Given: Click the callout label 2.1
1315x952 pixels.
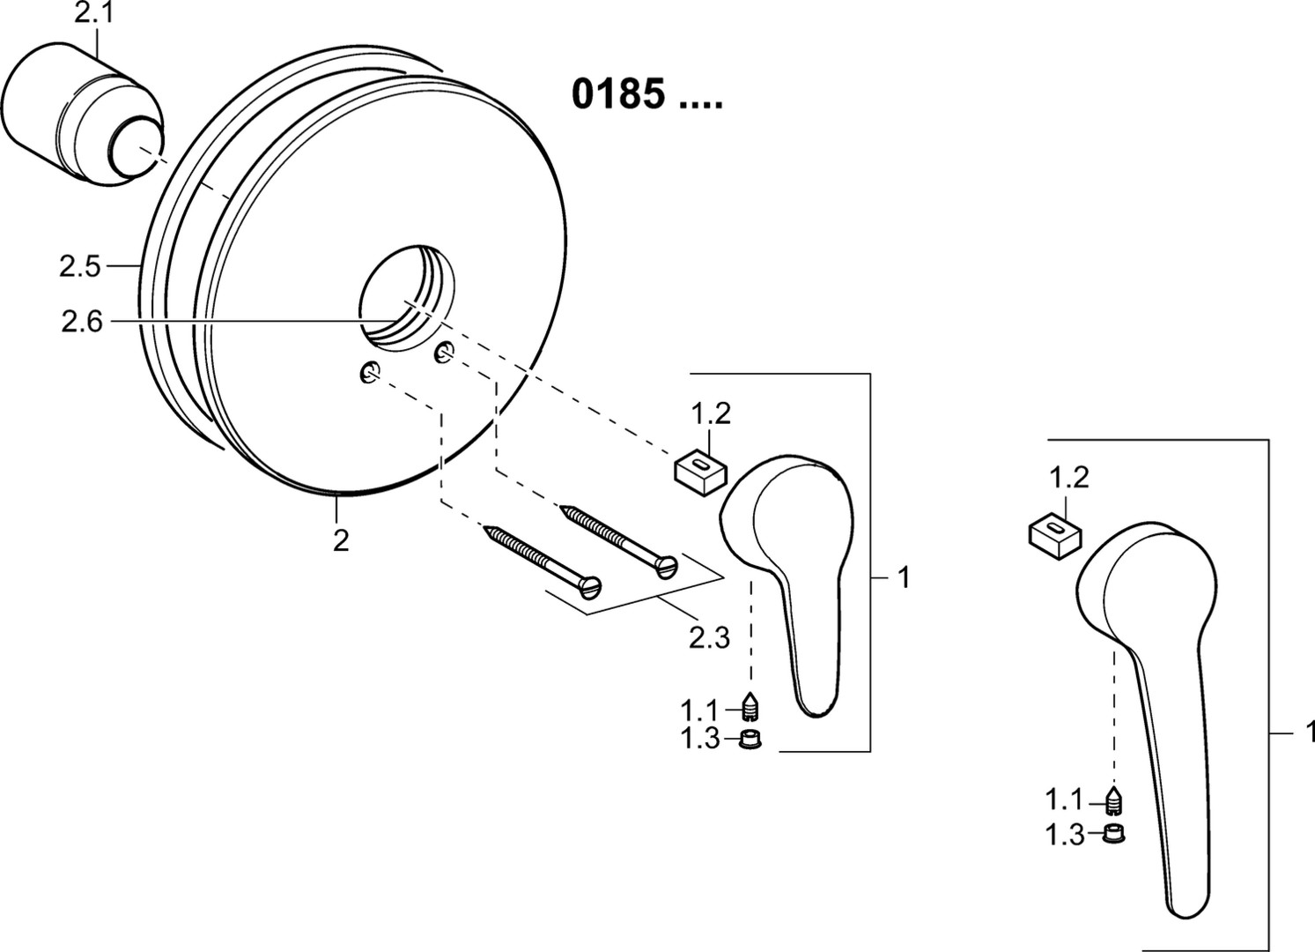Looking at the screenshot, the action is [95, 13].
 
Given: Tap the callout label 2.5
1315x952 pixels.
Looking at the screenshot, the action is [80, 267].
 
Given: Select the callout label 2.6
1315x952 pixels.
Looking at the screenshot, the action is [82, 322].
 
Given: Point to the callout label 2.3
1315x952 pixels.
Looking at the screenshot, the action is [709, 637].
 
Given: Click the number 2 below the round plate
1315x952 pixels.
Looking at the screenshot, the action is [341, 540].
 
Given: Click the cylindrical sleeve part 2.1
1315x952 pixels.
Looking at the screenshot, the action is [82, 115].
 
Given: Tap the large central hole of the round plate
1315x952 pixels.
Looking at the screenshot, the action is [408, 300].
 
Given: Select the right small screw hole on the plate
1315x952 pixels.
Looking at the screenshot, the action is [445, 353].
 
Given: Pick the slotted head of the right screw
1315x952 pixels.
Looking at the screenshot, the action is [668, 567].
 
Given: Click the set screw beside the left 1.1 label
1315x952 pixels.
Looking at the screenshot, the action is [750, 706].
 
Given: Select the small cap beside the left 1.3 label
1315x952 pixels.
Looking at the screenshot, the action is [750, 739].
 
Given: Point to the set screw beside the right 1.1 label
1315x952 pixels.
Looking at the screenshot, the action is [1113, 800].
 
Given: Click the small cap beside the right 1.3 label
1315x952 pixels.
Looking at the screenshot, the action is [1113, 833].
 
